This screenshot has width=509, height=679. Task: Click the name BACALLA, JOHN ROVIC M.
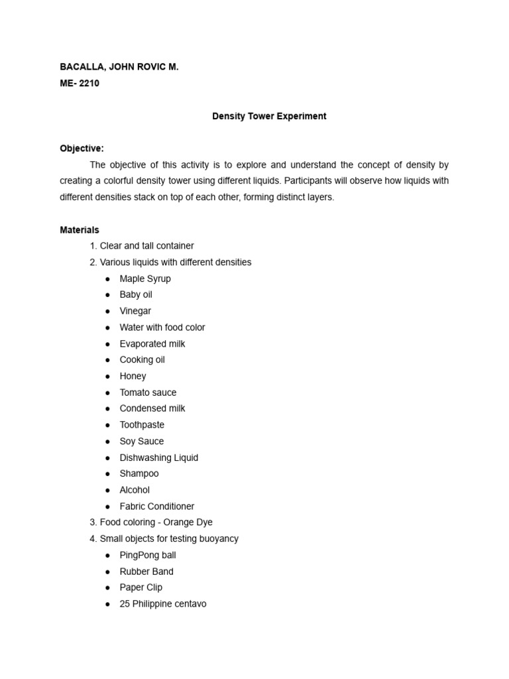(119, 67)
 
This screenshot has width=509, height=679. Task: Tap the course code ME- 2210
(80, 84)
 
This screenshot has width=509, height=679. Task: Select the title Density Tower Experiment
(269, 116)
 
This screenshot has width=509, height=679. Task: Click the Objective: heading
(82, 149)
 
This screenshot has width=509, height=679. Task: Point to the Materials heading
(80, 230)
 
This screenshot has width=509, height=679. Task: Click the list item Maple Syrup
(144, 278)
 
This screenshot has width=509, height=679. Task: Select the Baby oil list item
(135, 294)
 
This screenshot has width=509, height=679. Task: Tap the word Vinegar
(135, 311)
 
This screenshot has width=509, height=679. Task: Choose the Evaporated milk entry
(152, 343)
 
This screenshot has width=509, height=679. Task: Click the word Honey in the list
(133, 376)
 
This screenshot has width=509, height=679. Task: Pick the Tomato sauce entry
(148, 393)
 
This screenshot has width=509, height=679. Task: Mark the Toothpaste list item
(142, 424)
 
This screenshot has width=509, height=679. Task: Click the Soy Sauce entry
(141, 441)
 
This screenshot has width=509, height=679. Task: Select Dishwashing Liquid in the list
(158, 458)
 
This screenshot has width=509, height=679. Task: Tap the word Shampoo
(139, 473)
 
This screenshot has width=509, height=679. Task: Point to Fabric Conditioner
(156, 506)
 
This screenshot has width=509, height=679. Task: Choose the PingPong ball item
(147, 555)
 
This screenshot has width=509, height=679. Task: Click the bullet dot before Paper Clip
(107, 587)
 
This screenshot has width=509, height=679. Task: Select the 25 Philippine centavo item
(162, 604)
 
